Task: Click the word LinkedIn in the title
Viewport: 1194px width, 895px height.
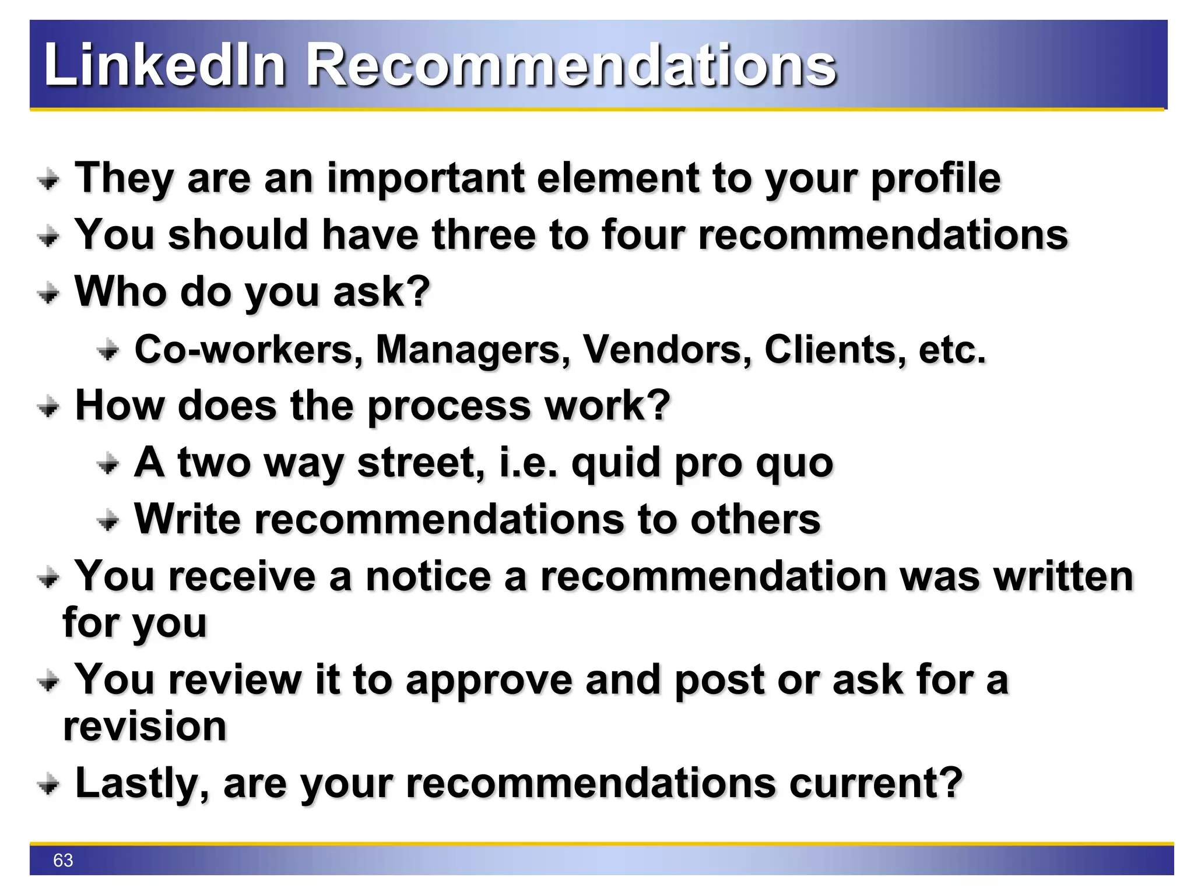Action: [x=164, y=65]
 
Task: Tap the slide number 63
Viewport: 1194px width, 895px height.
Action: [x=63, y=860]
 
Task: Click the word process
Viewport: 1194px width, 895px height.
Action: [x=449, y=406]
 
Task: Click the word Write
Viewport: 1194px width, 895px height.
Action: [x=187, y=519]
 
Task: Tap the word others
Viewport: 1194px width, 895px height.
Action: [x=755, y=519]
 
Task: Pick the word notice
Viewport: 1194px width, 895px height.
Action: [x=428, y=577]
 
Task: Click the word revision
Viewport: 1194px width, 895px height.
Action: [x=145, y=727]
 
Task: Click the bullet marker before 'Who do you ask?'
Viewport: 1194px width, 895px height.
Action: [x=48, y=293]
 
